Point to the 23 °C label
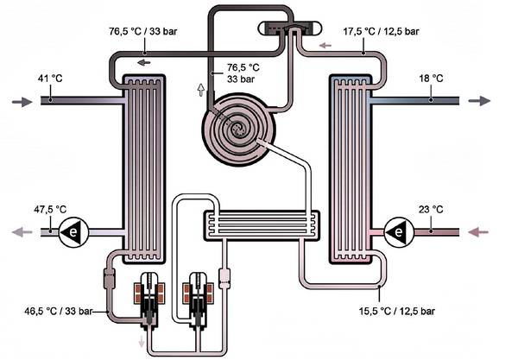[431, 209]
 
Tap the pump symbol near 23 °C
[396, 231]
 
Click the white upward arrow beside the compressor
[201, 88]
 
